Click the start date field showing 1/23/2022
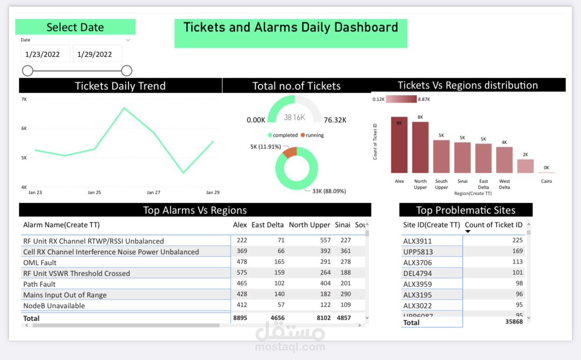[x=45, y=54]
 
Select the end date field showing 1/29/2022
[x=97, y=54]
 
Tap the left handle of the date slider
[x=28, y=71]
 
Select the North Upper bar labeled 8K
[x=420, y=148]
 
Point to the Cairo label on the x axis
[x=546, y=181]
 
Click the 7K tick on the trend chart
[x=24, y=99]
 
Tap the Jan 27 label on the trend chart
[x=153, y=192]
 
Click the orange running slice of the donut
[x=290, y=153]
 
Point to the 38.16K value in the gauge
[x=294, y=117]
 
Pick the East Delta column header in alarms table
[x=268, y=225]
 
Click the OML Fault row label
[x=40, y=263]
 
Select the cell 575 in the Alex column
[x=241, y=273]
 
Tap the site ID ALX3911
[x=417, y=241]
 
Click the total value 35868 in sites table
[x=514, y=322]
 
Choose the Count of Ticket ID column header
[x=493, y=225]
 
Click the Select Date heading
[x=75, y=27]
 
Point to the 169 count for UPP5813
[x=517, y=251]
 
